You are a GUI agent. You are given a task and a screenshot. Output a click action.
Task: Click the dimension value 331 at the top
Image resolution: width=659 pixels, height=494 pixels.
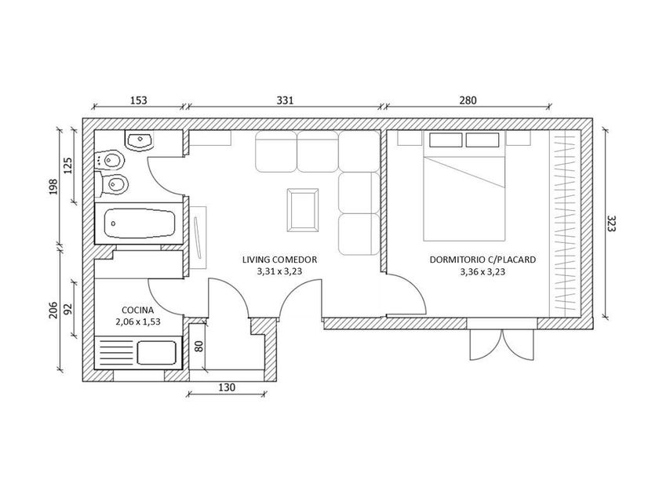coord(285,100)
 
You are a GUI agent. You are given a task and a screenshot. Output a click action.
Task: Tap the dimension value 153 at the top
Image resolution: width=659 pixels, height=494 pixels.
coord(139,100)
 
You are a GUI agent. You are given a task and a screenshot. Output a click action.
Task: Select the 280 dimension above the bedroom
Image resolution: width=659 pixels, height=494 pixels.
coord(468,100)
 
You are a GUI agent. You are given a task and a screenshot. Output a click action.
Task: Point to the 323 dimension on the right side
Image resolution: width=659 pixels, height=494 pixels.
coord(611,223)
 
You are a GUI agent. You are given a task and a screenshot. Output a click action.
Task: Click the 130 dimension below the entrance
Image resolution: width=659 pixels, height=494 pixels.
coord(227,387)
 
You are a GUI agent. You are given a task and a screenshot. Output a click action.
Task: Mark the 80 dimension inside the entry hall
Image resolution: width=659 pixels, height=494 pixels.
coord(198,346)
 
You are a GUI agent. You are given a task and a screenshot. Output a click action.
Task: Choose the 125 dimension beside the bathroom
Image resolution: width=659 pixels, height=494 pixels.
coord(67,165)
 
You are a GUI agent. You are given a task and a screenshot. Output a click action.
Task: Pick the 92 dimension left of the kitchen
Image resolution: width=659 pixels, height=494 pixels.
coord(67,309)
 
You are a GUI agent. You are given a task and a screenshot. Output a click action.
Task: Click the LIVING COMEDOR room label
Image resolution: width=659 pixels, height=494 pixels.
coord(279,260)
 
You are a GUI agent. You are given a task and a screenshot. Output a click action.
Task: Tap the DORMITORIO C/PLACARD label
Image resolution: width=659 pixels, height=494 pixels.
coord(482,260)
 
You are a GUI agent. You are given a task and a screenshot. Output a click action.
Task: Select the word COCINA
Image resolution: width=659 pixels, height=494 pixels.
coord(138,311)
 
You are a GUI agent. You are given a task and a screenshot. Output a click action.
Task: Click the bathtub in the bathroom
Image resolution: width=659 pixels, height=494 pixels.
coord(140,223)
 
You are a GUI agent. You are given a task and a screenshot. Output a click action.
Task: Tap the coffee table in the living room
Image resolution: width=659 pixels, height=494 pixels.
coord(303,210)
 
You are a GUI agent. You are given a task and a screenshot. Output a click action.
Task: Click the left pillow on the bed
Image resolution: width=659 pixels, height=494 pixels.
coord(446,140)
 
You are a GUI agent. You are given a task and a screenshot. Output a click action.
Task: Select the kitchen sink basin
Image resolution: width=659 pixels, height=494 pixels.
coord(157,353)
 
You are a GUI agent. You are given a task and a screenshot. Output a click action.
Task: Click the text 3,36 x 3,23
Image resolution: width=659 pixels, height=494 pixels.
coord(482,272)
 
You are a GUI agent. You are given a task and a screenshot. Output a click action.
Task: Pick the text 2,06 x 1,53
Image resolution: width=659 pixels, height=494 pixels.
coord(138,322)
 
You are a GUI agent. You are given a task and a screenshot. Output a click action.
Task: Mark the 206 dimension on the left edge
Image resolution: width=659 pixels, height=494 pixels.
coord(53,310)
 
